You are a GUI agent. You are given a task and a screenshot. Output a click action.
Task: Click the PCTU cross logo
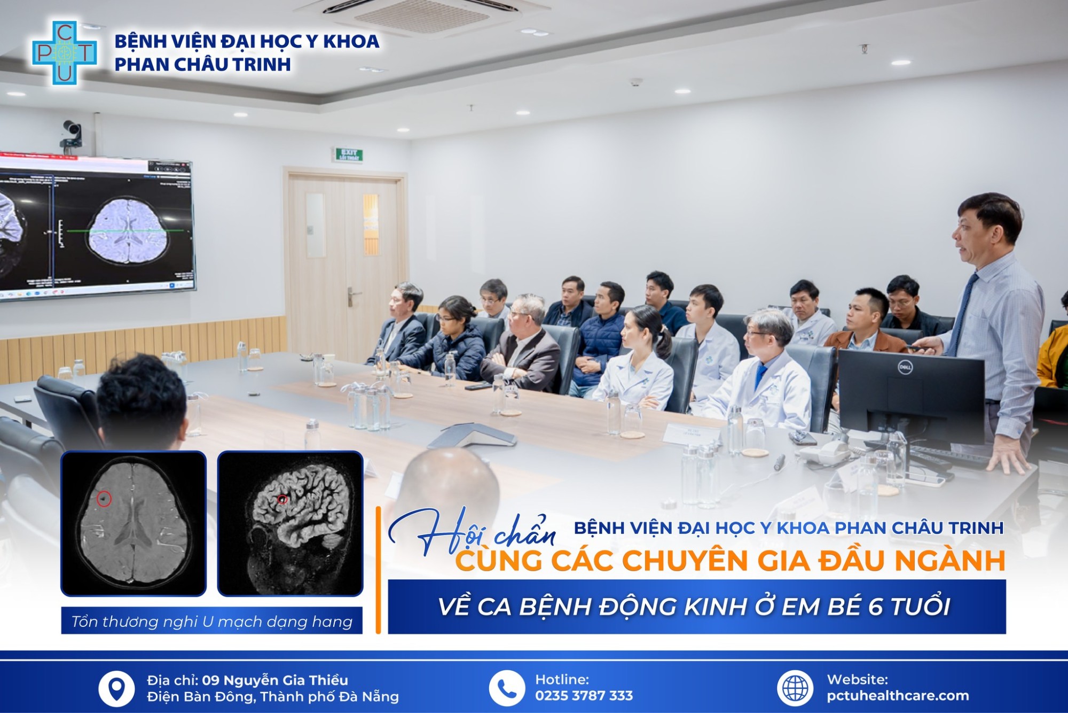pos(64,52)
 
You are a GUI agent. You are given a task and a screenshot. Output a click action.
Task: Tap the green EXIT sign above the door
pos(349,155)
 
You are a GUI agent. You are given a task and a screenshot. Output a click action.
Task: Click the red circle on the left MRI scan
pos(104,499)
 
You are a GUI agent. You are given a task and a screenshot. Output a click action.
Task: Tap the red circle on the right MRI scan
pos(282,500)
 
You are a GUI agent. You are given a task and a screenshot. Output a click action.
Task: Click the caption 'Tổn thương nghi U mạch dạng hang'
pos(211,622)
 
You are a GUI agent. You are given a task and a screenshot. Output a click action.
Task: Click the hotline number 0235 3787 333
pos(584,695)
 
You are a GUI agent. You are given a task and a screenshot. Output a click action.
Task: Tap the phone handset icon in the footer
pos(507,688)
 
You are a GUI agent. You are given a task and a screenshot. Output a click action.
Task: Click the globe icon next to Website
pos(795,688)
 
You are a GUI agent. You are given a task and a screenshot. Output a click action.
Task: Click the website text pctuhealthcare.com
pos(898,695)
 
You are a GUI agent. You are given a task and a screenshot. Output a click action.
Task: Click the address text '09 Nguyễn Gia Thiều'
pos(275,680)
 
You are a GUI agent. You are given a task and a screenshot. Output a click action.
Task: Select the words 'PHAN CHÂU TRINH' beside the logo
pos(203,65)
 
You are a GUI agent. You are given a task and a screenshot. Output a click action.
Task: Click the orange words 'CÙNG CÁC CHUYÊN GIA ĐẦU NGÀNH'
pos(730,561)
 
